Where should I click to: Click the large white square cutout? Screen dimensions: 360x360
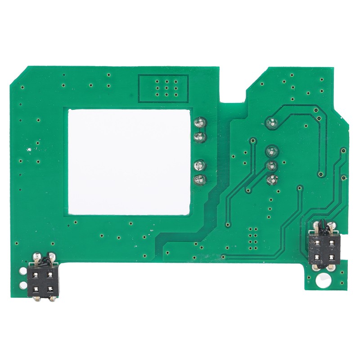coord(129,161)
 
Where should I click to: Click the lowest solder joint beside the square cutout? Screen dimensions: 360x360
coord(198,180)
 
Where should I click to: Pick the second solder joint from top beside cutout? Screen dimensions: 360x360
coord(199,136)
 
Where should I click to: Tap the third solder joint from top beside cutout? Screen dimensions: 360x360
coord(199,166)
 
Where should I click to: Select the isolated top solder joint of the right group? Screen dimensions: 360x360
coord(271,121)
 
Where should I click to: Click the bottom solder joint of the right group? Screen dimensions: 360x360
coord(271,180)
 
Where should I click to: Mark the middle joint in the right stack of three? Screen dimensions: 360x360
coord(271,165)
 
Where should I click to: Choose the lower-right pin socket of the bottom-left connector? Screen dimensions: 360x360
coord(50,288)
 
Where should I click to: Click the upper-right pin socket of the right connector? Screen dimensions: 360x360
coord(332,243)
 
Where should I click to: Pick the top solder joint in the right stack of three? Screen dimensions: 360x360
coord(271,151)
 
